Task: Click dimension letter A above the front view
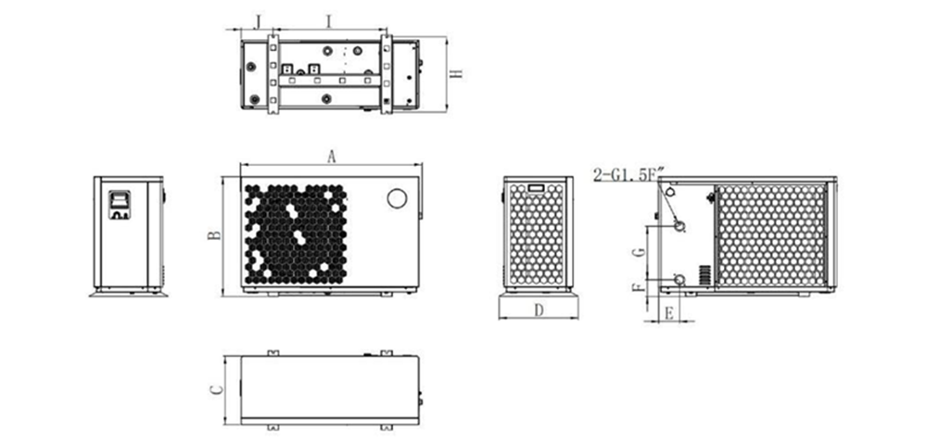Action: pyautogui.click(x=332, y=157)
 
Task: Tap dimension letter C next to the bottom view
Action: pyautogui.click(x=217, y=389)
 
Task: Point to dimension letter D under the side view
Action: pyautogui.click(x=539, y=310)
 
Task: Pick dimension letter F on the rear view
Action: pyautogui.click(x=638, y=288)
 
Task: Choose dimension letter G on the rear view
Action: pyautogui.click(x=638, y=252)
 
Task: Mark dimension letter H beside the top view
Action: pyautogui.click(x=455, y=74)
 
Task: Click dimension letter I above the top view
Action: pyautogui.click(x=329, y=22)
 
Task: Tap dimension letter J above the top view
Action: pyautogui.click(x=257, y=22)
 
